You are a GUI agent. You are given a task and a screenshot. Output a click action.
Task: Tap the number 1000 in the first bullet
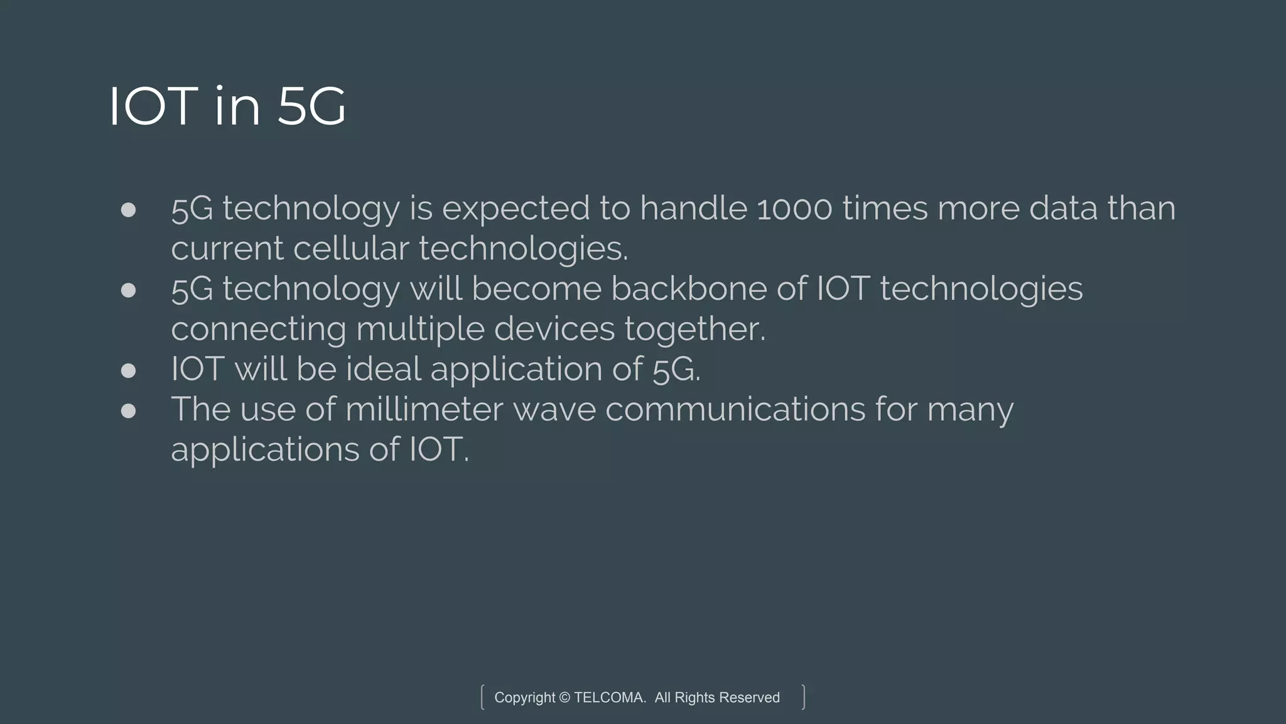794,209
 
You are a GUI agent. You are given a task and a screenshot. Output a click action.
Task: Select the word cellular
351,248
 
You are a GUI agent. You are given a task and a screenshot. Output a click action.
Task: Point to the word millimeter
424,409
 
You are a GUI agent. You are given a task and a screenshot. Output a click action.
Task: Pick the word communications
735,409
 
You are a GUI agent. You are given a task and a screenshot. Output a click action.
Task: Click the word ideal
383,369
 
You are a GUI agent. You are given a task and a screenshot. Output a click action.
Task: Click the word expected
516,210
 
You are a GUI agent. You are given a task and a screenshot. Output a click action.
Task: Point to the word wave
554,409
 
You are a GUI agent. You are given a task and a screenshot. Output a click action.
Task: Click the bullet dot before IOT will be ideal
128,370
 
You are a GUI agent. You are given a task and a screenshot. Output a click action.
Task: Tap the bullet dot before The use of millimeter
128,410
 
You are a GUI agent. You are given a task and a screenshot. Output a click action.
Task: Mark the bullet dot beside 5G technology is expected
128,209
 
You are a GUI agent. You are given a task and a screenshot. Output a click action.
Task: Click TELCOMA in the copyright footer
609,698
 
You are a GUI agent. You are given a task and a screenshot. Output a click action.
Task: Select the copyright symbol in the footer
564,698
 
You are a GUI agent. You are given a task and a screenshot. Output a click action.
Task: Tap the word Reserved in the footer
749,698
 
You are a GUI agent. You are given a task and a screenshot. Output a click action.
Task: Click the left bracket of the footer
482,697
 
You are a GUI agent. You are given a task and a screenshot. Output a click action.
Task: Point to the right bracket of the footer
803,697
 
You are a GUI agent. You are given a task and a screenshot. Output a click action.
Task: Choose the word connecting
258,329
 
